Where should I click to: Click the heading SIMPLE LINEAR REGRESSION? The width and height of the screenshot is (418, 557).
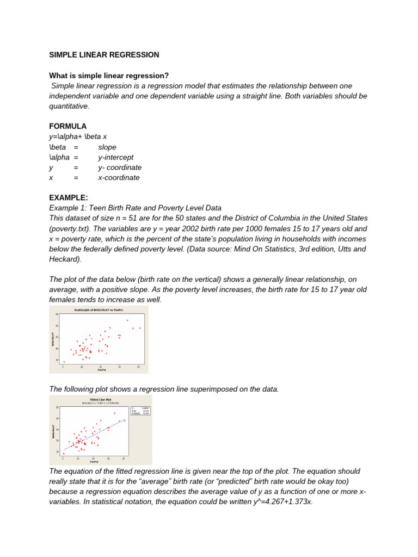[x=104, y=55]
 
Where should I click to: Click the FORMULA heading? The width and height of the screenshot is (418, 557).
[x=68, y=126]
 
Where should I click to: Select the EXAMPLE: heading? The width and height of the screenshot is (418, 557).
[x=68, y=197]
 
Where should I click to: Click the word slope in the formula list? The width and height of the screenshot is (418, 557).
[x=107, y=147]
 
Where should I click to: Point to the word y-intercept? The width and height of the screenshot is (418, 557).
[x=115, y=157]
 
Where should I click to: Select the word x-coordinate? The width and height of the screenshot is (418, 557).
[x=119, y=177]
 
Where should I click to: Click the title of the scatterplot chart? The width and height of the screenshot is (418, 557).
[x=99, y=310]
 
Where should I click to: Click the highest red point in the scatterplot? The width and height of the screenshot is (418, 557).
[x=127, y=320]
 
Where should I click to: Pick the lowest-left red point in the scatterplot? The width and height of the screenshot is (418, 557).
[x=64, y=362]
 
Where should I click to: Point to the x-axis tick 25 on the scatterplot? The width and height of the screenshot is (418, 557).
[x=138, y=367]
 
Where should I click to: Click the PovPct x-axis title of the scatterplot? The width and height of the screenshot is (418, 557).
[x=101, y=370]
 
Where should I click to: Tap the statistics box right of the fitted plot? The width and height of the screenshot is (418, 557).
[x=140, y=410]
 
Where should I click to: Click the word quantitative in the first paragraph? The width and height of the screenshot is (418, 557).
[x=69, y=106]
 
